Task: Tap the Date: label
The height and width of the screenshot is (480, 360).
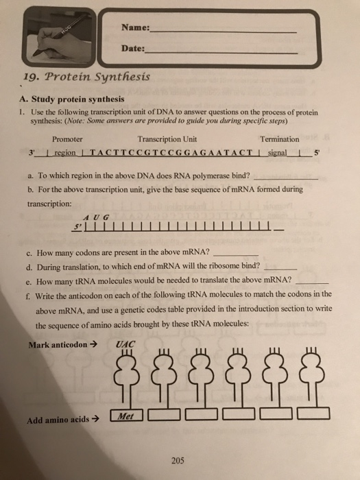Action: (133, 49)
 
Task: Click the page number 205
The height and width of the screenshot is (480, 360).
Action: (179, 461)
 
